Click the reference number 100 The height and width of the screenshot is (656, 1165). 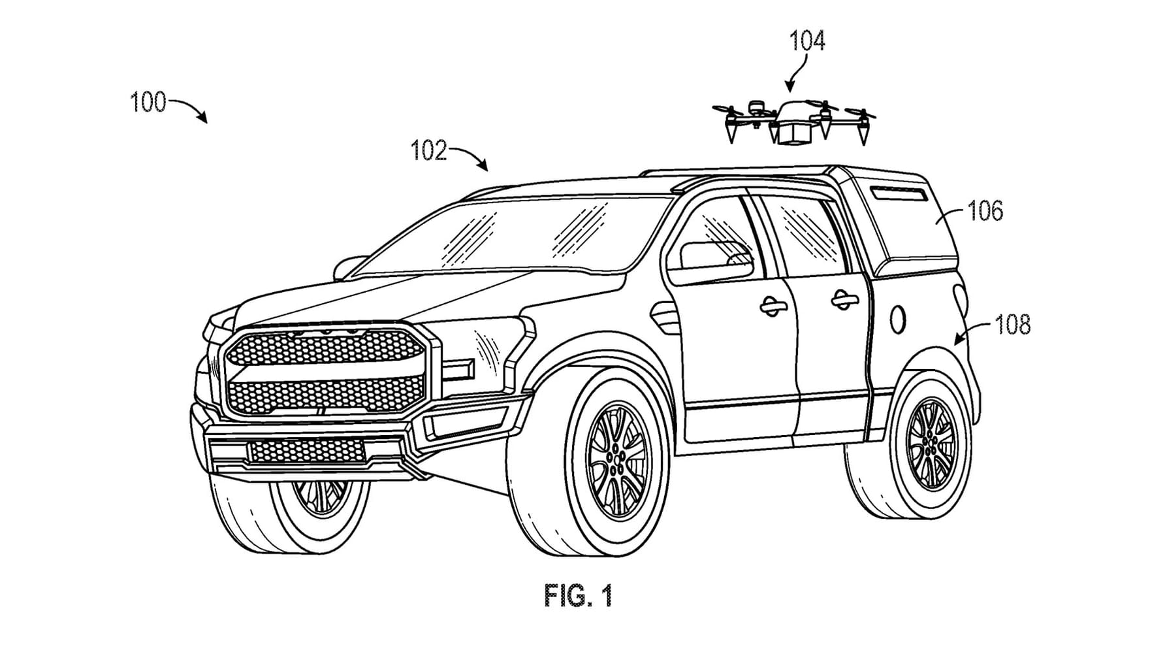(x=148, y=103)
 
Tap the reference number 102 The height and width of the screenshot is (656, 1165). (x=428, y=151)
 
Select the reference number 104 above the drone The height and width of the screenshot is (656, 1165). (x=807, y=41)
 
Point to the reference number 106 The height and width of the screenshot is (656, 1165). (x=985, y=211)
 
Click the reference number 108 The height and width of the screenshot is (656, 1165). (x=1012, y=325)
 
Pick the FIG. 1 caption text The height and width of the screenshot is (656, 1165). (x=578, y=595)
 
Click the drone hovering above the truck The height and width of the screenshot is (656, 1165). (x=793, y=121)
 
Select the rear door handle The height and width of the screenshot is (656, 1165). (x=844, y=300)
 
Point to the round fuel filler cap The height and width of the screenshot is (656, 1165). (x=898, y=318)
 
